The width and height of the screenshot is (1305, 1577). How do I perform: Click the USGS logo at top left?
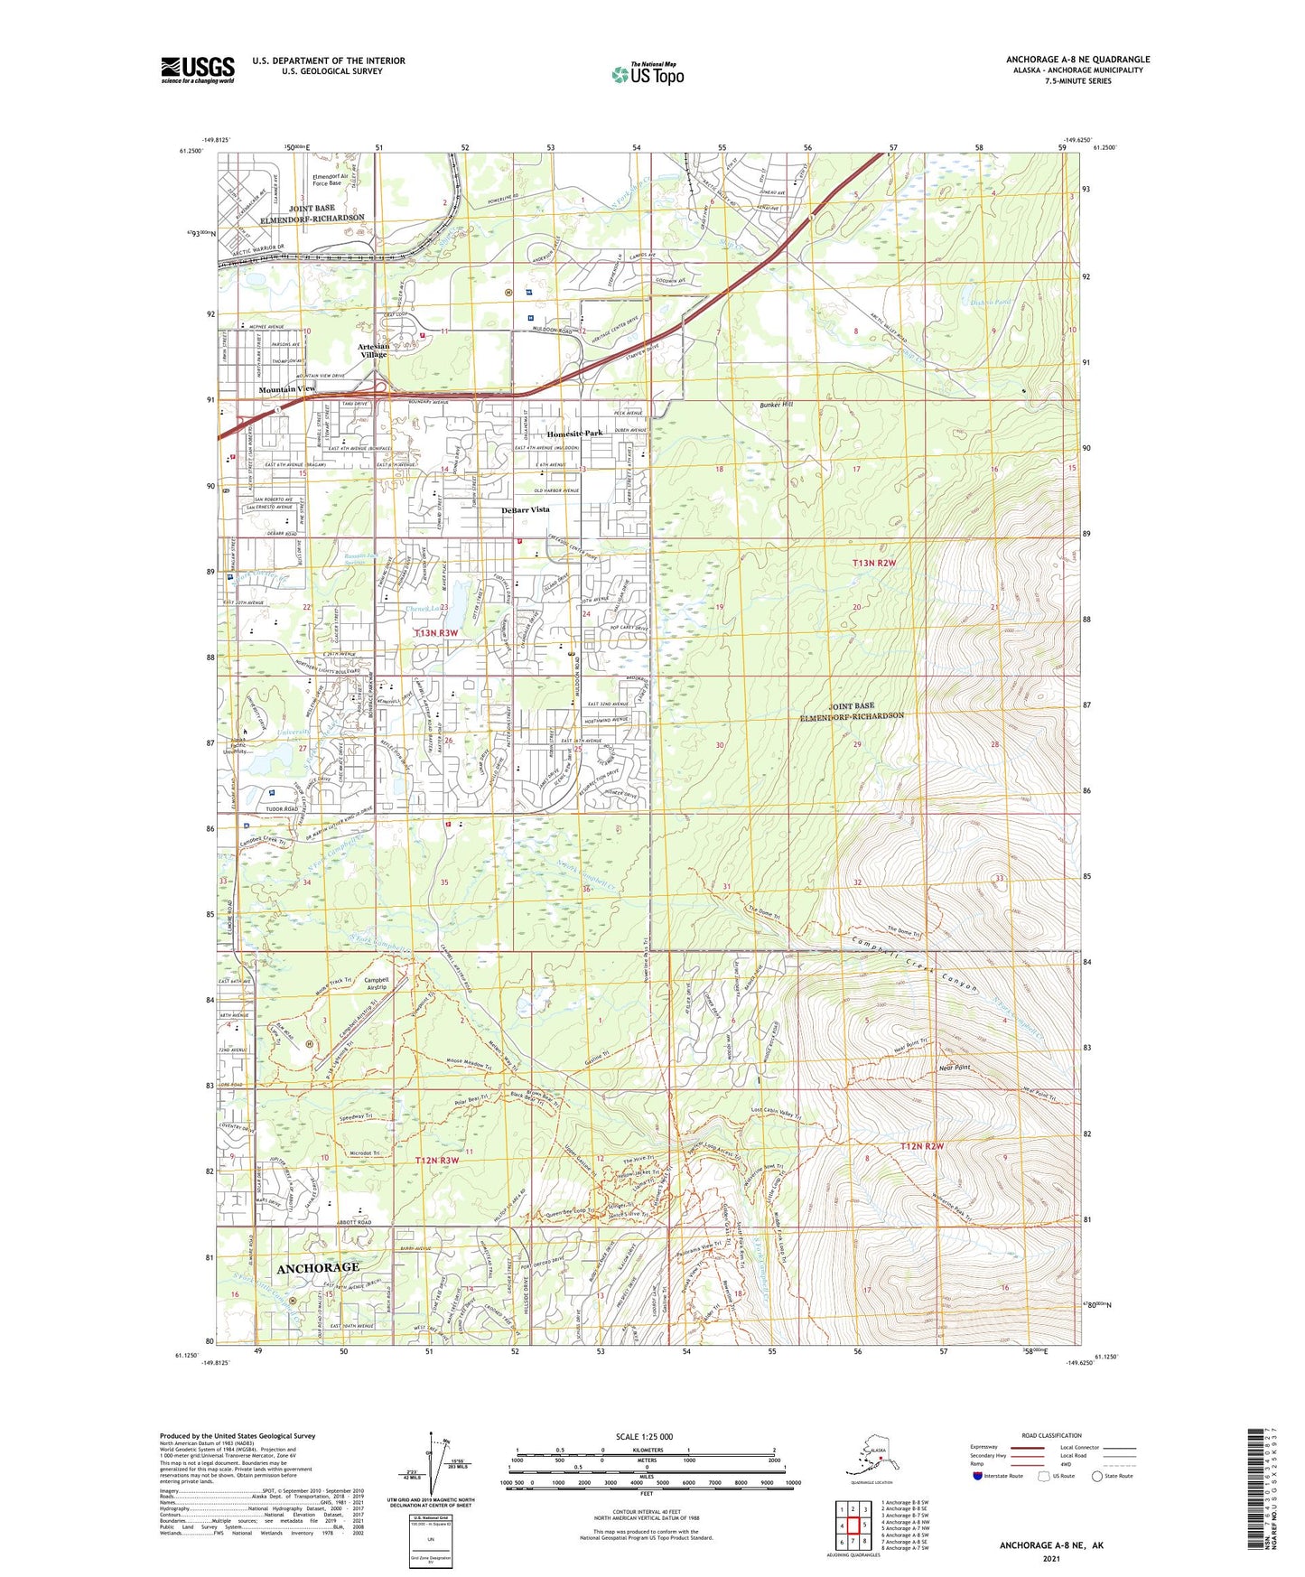pos(197,70)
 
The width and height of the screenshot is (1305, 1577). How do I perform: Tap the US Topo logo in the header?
pos(647,73)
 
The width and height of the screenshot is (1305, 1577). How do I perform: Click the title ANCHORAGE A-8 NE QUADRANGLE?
pos(1077,60)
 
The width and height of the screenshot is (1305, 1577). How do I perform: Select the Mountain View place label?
pos(287,388)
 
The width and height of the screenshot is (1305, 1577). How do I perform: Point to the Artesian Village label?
pos(374,350)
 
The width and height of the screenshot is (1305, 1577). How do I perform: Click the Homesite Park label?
pos(574,434)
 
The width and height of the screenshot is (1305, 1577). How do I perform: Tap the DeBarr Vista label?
pos(526,509)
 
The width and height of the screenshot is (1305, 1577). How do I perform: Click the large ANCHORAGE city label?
pos(318,1268)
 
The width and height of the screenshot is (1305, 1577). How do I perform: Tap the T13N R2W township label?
pos(874,563)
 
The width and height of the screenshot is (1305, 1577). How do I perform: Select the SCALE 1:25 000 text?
pos(645,1436)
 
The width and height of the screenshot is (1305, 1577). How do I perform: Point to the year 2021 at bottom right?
pos(1050,1558)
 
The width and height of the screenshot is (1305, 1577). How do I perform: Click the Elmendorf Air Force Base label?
pos(327,180)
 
